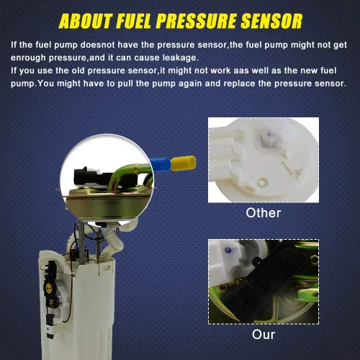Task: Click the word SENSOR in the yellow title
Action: (271, 21)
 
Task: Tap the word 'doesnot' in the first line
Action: (98, 45)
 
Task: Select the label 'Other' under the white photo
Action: (264, 213)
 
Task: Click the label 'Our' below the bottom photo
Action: (264, 335)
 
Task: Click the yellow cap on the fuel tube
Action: (184, 163)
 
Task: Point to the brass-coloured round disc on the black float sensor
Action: (49, 287)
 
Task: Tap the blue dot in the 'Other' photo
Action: (269, 135)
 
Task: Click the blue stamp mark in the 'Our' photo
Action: (228, 251)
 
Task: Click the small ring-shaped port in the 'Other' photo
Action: (261, 182)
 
